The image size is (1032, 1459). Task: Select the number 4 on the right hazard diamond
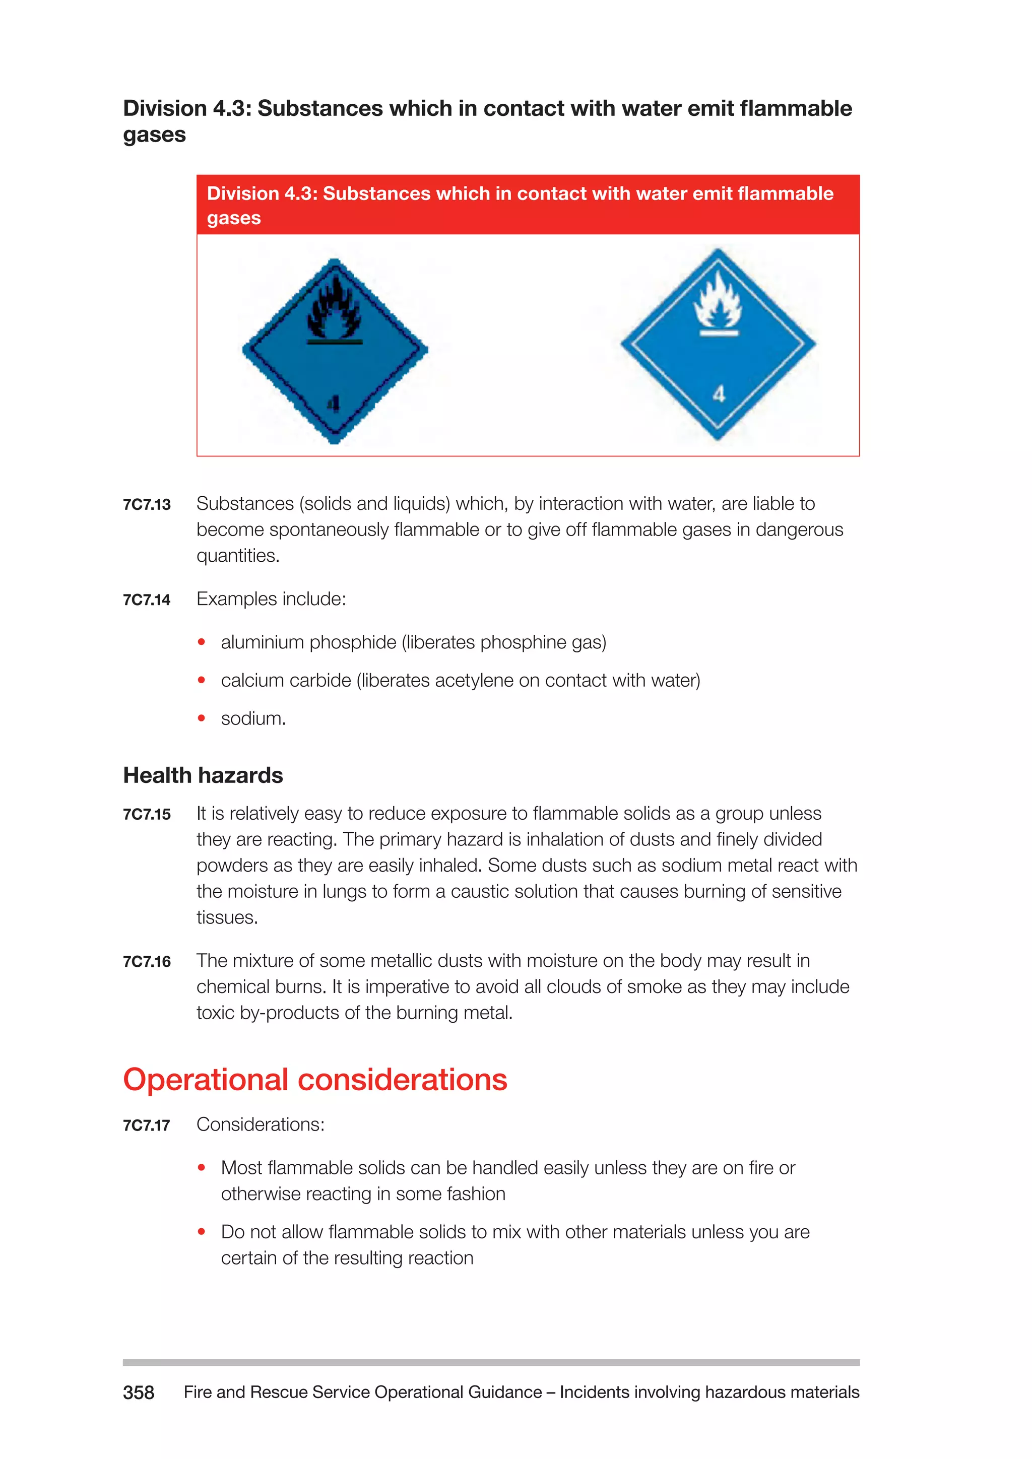(719, 394)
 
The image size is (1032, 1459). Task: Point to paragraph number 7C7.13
(147, 504)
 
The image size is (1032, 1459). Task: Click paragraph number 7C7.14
(147, 600)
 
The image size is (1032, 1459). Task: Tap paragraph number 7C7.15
(147, 815)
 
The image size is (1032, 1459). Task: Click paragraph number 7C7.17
(147, 1125)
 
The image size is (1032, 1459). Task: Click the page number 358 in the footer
(139, 1392)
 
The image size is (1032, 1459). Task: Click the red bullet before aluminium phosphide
(202, 642)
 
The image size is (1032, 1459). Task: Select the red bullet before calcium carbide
(202, 681)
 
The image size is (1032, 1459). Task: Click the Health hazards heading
(203, 775)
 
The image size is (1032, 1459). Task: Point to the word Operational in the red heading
(206, 1080)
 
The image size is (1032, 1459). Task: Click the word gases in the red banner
(234, 218)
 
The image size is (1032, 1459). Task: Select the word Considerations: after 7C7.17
(261, 1125)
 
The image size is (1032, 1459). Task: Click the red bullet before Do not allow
(202, 1232)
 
